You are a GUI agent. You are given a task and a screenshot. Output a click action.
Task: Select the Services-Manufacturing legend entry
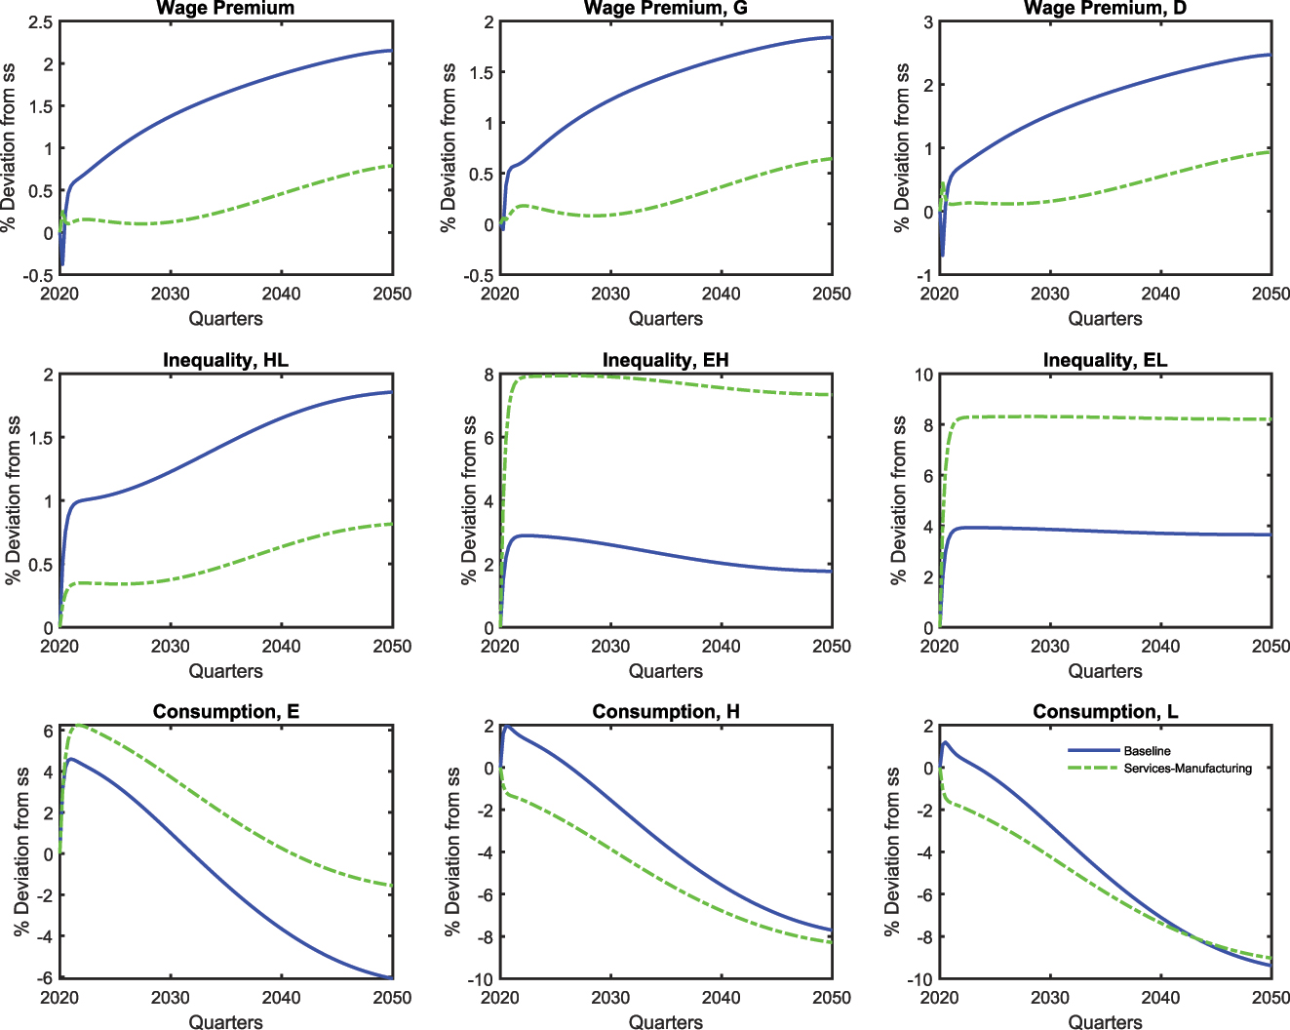(1187, 769)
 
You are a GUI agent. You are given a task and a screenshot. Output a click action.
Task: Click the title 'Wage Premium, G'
(666, 9)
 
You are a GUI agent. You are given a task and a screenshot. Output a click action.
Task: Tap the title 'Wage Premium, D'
(1105, 9)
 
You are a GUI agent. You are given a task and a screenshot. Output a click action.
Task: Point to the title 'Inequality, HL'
(225, 360)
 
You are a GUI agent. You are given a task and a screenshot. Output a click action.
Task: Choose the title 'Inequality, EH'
(666, 360)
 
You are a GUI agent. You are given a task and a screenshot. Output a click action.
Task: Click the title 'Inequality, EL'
(1105, 360)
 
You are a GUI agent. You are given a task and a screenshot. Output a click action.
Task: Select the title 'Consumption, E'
(225, 711)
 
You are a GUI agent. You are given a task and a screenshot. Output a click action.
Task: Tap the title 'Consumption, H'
(666, 711)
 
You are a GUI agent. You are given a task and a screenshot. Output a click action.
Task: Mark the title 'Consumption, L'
(1105, 711)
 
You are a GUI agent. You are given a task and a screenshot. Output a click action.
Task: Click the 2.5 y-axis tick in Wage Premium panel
(40, 21)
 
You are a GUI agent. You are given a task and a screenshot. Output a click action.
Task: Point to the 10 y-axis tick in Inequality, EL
(922, 375)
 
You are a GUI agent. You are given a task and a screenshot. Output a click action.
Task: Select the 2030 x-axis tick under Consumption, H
(610, 998)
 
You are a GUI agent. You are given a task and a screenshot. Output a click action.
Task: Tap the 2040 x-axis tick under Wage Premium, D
(1160, 294)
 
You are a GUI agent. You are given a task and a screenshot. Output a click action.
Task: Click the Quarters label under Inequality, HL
(225, 671)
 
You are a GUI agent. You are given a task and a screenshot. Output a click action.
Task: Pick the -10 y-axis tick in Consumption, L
(919, 979)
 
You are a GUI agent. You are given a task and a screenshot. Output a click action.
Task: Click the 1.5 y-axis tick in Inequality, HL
(40, 438)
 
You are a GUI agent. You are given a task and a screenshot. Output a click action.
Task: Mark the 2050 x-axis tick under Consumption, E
(392, 998)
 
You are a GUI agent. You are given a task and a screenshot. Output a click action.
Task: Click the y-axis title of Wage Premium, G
(449, 148)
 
